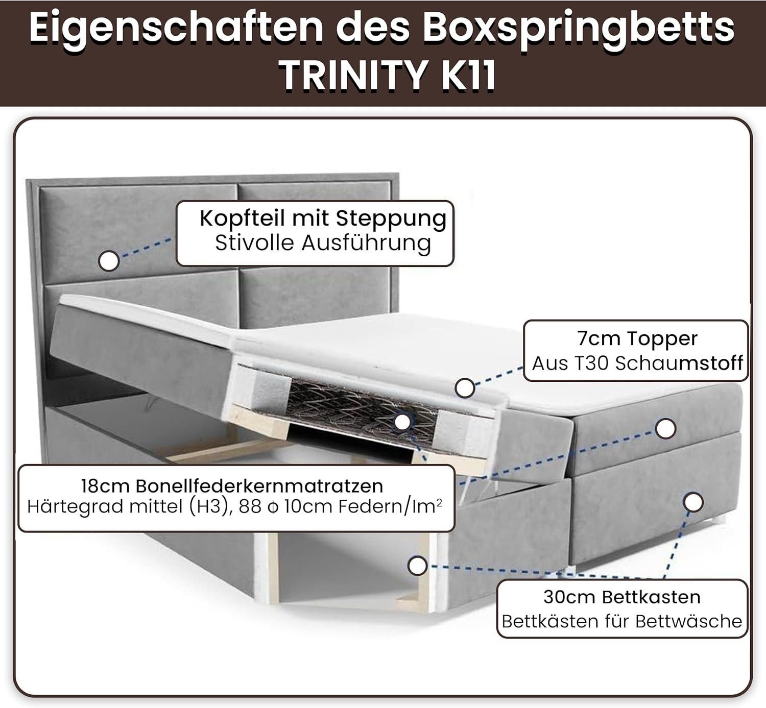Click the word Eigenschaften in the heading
tap(176, 28)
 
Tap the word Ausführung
tap(366, 244)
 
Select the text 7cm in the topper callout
tap(599, 339)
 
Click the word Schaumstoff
tap(679, 363)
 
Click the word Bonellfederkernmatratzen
tap(259, 486)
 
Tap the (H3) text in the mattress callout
tap(210, 507)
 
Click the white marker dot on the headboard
tap(109, 261)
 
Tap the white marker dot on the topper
tap(465, 388)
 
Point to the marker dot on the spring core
tap(402, 422)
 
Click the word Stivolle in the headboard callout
tap(254, 243)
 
